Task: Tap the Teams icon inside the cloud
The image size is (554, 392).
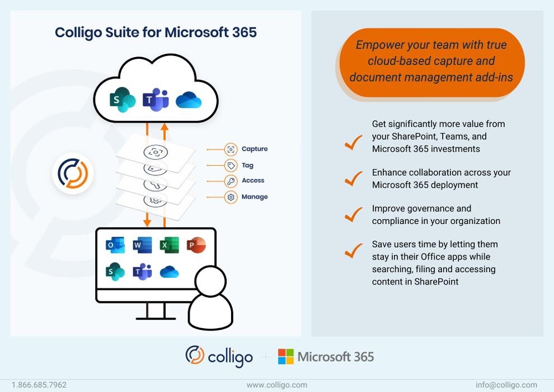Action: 156,100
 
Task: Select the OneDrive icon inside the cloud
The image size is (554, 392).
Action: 189,101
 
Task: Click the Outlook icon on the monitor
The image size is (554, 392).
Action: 115,245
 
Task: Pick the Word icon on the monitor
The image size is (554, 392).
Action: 142,245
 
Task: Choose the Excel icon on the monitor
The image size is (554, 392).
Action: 169,245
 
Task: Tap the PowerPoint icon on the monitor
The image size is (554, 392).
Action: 196,245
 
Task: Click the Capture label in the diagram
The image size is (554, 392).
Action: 255,149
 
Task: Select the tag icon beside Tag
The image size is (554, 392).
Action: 231,165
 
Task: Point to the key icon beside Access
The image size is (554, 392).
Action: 231,181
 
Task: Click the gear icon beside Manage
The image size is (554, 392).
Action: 231,197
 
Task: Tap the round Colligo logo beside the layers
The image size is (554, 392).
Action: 73,174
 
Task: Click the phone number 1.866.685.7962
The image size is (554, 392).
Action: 39,385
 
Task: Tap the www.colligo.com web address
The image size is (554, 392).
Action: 277,385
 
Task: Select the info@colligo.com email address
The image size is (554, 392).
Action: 506,385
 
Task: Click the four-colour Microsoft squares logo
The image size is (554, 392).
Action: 286,357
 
